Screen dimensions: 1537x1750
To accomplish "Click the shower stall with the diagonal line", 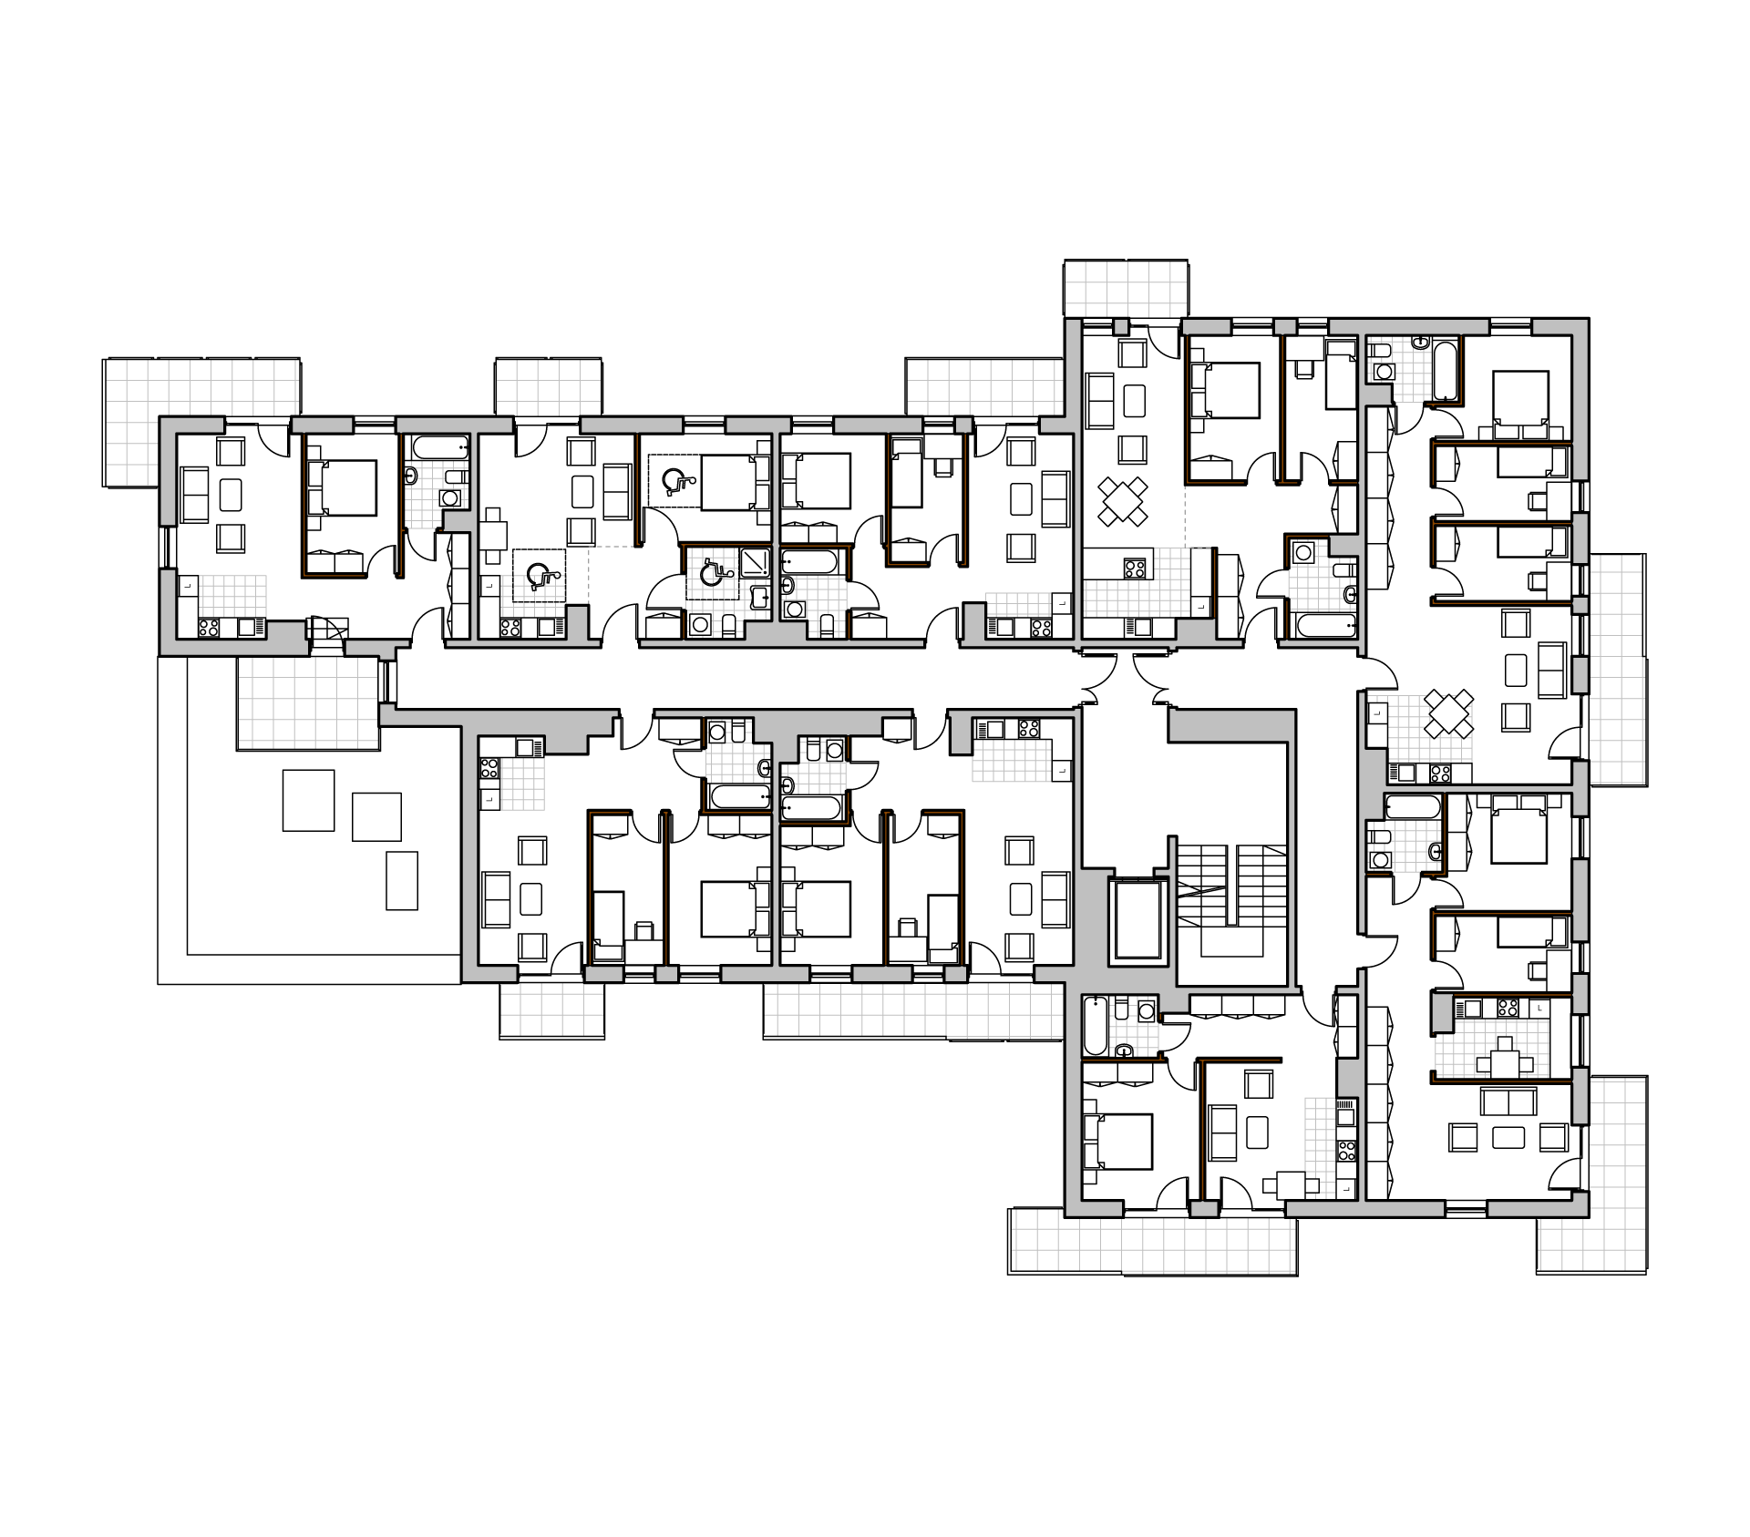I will (x=755, y=562).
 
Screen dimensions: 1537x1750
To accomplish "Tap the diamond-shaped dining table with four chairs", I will (x=1448, y=713).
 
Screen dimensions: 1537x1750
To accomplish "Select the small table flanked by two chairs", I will (x=1291, y=1185).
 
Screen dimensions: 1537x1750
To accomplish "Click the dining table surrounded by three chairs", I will (x=1505, y=1064).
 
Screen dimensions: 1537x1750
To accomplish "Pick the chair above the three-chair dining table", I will (x=1505, y=1043).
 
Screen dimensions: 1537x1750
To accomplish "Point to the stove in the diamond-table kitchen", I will (x=1440, y=774).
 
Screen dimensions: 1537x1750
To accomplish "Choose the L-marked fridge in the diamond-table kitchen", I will (x=1377, y=713).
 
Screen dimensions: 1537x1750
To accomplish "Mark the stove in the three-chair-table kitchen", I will (x=1508, y=1008).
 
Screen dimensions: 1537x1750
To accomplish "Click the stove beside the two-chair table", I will (x=1346, y=1150).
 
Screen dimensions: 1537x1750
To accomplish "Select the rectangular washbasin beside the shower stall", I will (x=759, y=598).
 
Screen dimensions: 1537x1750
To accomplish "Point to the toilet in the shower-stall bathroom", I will (x=728, y=626).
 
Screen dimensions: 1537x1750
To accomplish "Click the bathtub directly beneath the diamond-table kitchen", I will (x=1413, y=807).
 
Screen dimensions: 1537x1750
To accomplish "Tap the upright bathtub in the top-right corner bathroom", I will (x=1445, y=370).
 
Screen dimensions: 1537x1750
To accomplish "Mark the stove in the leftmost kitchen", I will (x=209, y=628).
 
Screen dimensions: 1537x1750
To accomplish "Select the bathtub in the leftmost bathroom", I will (x=438, y=447).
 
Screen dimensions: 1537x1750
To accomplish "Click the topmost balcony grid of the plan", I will (x=1126, y=289).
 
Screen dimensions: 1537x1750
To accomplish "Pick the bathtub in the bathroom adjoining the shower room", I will (x=810, y=561).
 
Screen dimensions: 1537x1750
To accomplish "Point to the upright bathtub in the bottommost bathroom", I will (x=1095, y=1026).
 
